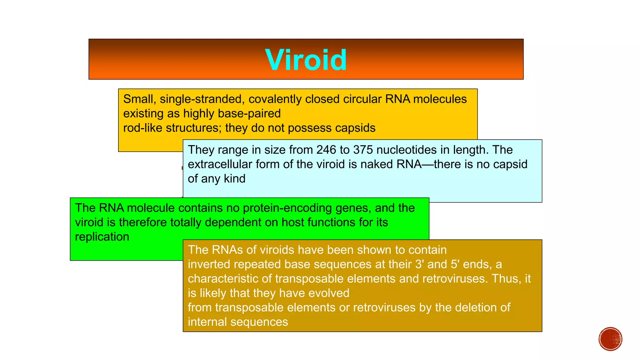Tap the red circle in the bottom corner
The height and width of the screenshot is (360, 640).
coord(610,339)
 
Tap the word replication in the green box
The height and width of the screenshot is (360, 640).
coord(102,237)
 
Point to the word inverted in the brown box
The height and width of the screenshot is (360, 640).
coord(209,264)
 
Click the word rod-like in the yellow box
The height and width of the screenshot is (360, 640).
coord(142,128)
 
